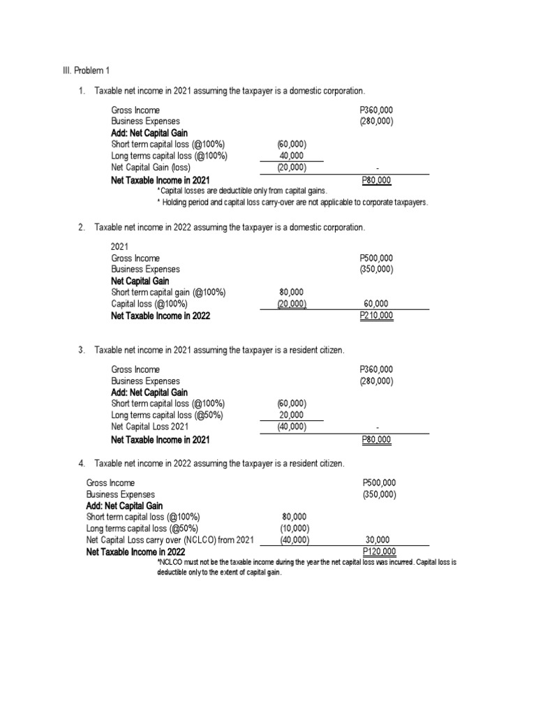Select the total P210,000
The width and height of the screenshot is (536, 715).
click(x=376, y=316)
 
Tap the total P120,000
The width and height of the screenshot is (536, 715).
click(x=380, y=552)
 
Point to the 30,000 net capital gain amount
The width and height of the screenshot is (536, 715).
click(x=378, y=540)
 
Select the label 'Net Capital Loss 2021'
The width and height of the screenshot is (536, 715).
click(x=150, y=427)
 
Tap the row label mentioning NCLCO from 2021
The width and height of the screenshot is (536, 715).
click(x=170, y=540)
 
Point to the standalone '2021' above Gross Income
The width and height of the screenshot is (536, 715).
click(x=121, y=246)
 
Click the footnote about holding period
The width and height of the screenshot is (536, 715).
click(x=292, y=202)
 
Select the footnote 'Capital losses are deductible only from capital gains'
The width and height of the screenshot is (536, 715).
click(x=241, y=191)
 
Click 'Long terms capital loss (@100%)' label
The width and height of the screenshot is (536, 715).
click(x=169, y=156)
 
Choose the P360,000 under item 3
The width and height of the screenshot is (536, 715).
click(x=376, y=369)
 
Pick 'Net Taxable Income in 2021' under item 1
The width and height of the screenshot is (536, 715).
click(x=161, y=180)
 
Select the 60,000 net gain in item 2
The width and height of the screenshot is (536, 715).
click(x=376, y=304)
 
